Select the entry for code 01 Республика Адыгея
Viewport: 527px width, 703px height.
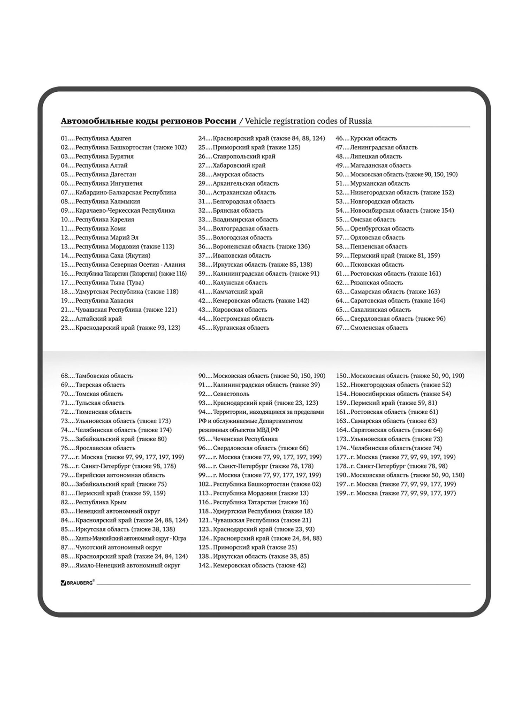[96, 138]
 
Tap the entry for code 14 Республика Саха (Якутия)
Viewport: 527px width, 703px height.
[105, 256]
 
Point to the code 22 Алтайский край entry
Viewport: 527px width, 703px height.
[91, 319]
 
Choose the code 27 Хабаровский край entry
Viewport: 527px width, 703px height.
[232, 165]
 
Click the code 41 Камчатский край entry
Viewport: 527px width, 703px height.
[230, 292]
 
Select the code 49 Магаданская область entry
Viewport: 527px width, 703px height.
[373, 165]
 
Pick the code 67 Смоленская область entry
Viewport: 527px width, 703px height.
[372, 328]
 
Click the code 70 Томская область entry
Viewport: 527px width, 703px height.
[92, 394]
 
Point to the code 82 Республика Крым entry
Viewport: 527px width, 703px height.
[94, 502]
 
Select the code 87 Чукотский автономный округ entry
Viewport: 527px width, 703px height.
[111, 547]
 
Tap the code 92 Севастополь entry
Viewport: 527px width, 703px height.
[224, 394]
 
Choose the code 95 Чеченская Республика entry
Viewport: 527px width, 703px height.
[238, 439]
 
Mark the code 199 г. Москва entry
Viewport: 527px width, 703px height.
[396, 493]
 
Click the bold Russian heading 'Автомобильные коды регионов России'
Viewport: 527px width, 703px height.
[149, 121]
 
